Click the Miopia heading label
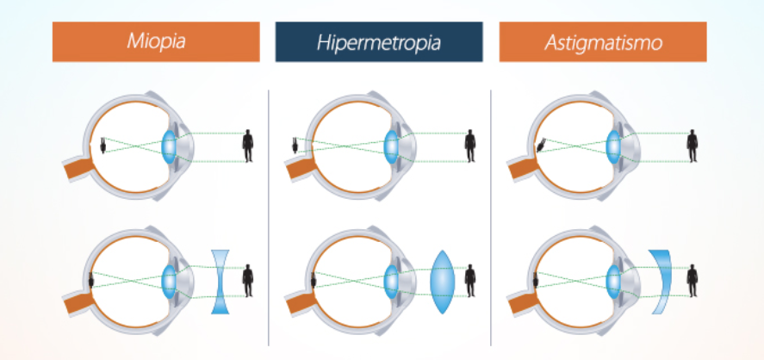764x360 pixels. [x=155, y=41]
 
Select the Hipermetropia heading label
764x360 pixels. [x=379, y=41]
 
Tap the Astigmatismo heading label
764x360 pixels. [x=602, y=41]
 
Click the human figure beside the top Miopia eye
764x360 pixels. [x=248, y=146]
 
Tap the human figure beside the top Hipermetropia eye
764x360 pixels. [x=470, y=146]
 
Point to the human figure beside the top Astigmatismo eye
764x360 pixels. [x=692, y=146]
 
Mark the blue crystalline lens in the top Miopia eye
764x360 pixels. [x=168, y=145]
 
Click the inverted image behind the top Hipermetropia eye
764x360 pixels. [x=295, y=145]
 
